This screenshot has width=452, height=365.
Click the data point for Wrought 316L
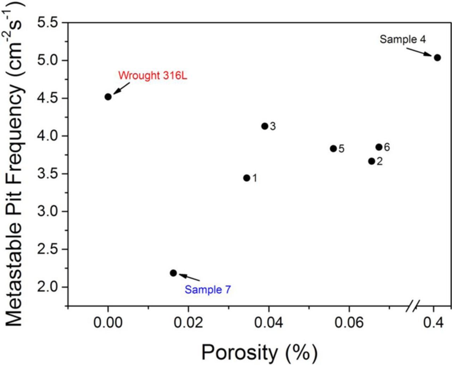(x=108, y=97)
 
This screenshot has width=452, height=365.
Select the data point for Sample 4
(x=437, y=58)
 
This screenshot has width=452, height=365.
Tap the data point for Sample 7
(x=173, y=273)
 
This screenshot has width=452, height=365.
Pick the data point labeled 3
(x=265, y=126)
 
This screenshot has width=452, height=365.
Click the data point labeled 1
(x=247, y=178)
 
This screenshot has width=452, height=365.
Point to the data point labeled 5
(x=333, y=149)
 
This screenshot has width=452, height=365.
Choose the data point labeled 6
(x=379, y=147)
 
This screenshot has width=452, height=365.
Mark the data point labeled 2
(x=371, y=161)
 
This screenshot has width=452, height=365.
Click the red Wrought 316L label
(x=153, y=76)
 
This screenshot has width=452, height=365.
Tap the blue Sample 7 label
(x=208, y=290)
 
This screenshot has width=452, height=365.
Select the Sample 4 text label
(x=403, y=39)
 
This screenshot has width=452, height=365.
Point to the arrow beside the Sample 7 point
(x=189, y=277)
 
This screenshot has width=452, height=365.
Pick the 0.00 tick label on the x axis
(x=108, y=322)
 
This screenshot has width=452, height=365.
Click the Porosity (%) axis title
(x=259, y=352)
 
